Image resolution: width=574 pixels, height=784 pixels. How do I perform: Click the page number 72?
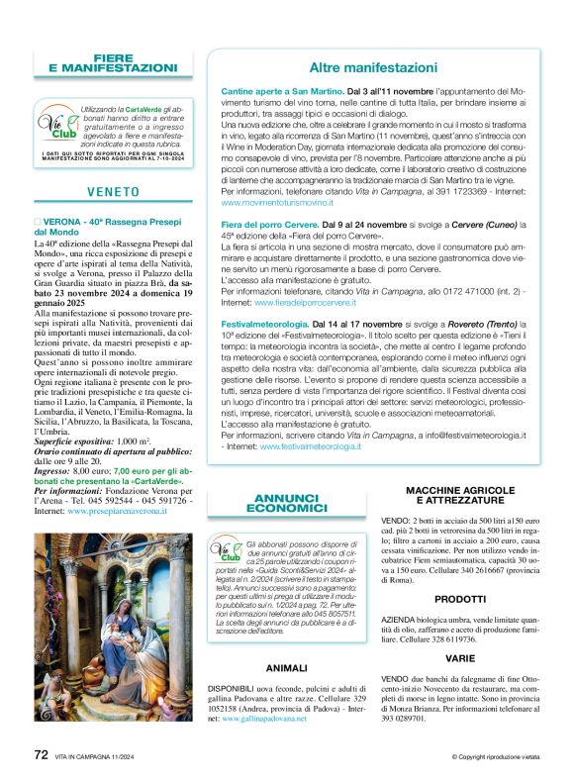pos(41,753)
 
